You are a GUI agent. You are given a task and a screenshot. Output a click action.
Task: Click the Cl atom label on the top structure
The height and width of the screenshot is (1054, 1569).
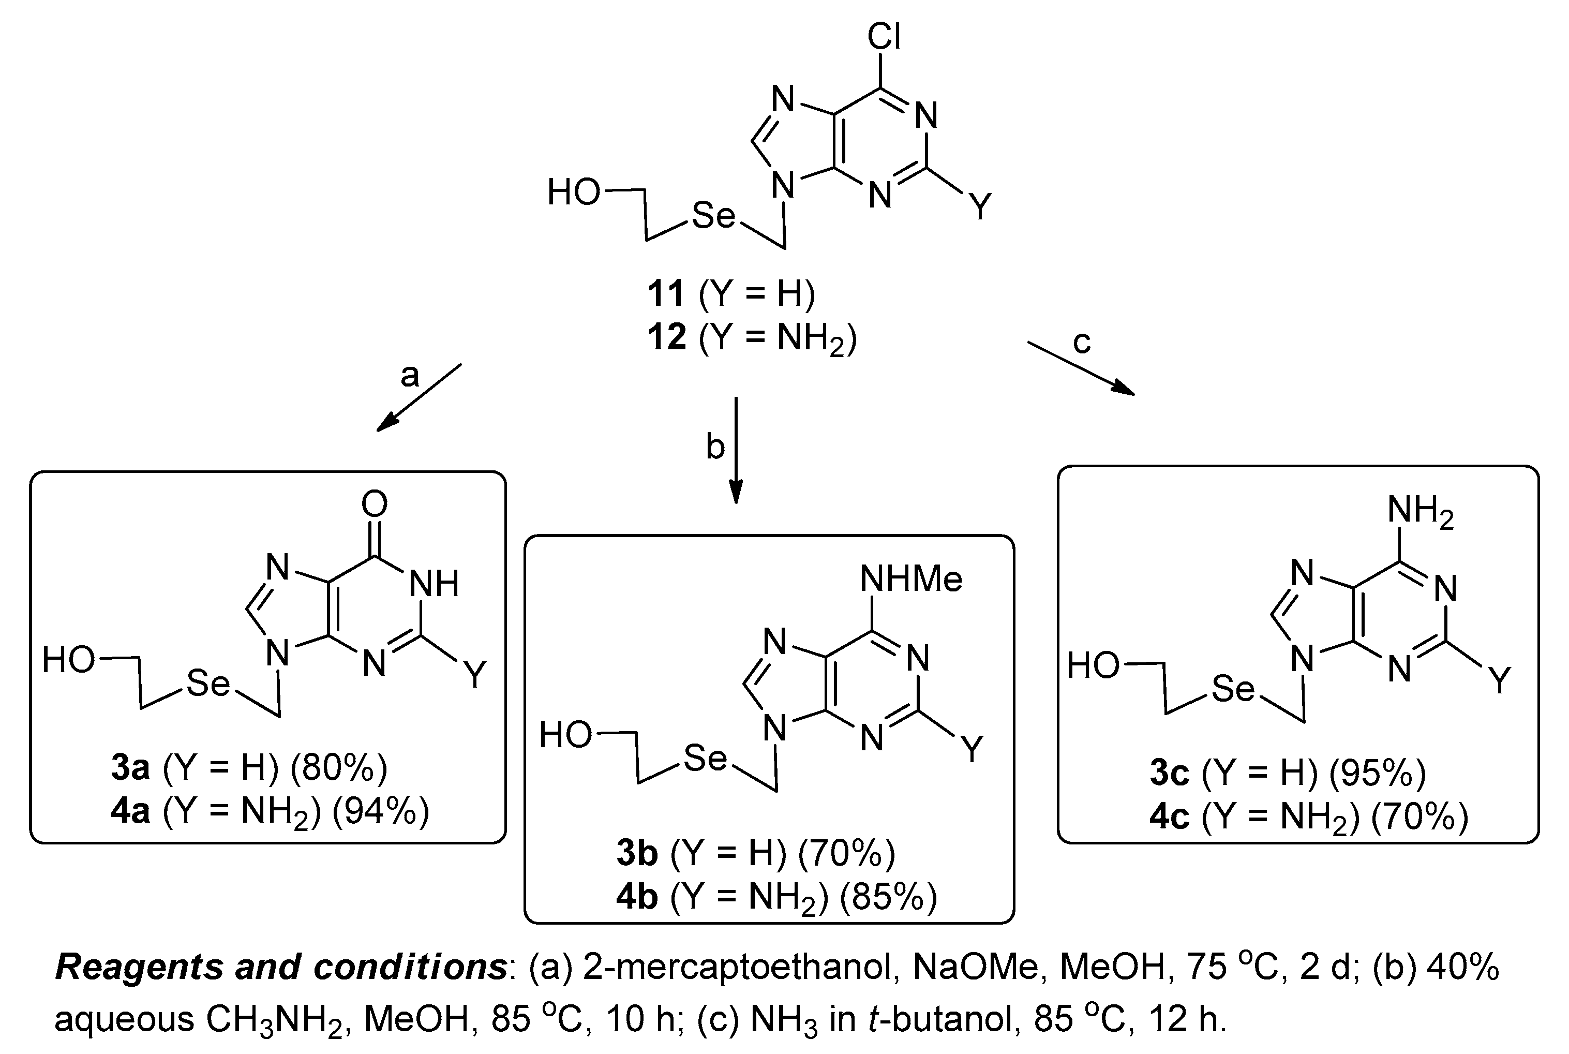pyautogui.click(x=884, y=36)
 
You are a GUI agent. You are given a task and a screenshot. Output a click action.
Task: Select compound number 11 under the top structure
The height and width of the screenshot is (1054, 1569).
pyautogui.click(x=666, y=294)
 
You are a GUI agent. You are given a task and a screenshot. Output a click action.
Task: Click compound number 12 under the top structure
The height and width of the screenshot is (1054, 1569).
pyautogui.click(x=667, y=337)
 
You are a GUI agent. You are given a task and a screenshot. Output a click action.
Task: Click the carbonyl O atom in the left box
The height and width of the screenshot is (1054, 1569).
pyautogui.click(x=375, y=503)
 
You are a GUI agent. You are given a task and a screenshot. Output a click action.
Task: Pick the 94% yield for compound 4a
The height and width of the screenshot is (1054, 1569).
pyautogui.click(x=380, y=812)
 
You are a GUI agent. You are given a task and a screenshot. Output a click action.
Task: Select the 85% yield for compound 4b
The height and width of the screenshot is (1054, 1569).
pyautogui.click(x=888, y=897)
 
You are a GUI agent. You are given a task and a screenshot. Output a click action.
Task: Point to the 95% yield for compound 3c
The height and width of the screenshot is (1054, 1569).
pyautogui.click(x=1378, y=773)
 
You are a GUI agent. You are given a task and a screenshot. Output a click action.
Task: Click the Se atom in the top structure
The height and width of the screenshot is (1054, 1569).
pyautogui.click(x=713, y=216)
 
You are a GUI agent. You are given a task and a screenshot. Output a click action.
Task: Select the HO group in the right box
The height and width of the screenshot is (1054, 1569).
pyautogui.click(x=1093, y=666)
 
